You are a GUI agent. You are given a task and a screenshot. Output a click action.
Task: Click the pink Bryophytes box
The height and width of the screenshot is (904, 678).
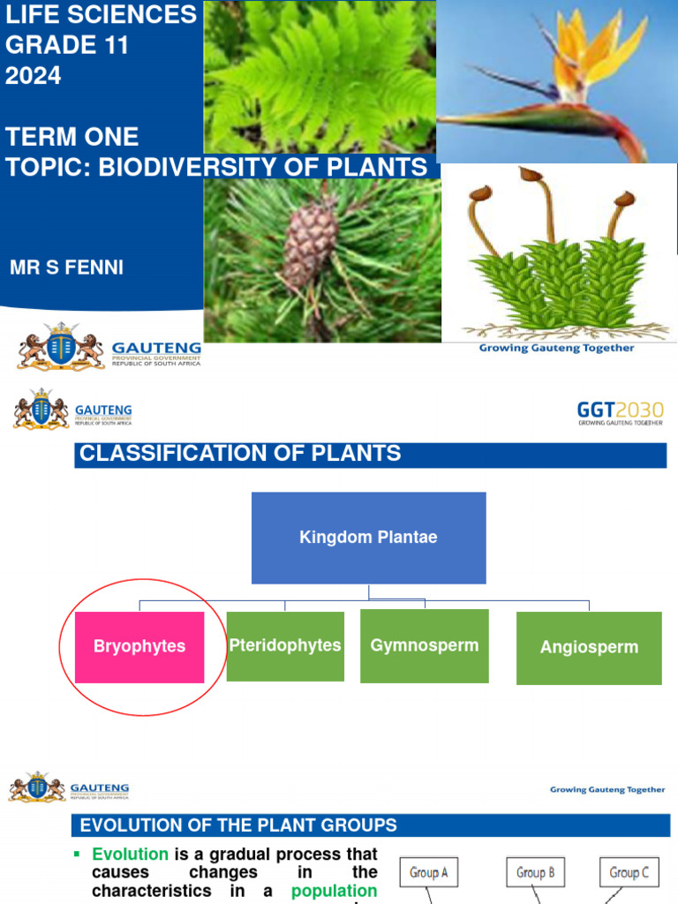tap(139, 647)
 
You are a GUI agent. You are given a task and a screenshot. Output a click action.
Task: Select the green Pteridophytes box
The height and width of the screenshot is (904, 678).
tap(285, 646)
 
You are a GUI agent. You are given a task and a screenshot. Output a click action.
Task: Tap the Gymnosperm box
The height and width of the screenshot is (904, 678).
tap(425, 645)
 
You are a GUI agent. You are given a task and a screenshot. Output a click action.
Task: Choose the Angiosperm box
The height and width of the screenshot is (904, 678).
tap(589, 648)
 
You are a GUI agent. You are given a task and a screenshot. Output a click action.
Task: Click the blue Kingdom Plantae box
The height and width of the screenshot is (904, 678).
tap(368, 538)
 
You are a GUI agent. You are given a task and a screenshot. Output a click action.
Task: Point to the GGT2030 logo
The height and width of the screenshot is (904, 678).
tap(620, 412)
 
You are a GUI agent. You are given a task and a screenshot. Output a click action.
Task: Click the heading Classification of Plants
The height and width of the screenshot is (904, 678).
tap(241, 455)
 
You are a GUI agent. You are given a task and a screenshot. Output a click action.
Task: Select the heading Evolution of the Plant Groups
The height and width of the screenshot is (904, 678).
tap(238, 826)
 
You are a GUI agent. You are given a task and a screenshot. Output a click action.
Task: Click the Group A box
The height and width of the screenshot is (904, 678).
tap(429, 872)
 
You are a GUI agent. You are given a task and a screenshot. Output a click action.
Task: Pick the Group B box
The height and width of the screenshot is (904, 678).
tap(536, 872)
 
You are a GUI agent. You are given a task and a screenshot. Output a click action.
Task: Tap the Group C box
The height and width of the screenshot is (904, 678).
tap(629, 872)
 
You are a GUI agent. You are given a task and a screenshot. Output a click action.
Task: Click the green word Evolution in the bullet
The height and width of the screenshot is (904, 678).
tap(131, 855)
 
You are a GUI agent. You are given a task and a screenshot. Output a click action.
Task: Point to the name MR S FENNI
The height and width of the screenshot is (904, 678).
tap(66, 267)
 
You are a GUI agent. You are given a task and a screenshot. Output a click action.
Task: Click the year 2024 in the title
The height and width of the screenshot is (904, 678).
tap(34, 76)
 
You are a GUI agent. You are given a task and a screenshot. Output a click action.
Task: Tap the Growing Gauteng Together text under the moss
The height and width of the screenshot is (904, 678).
tap(556, 348)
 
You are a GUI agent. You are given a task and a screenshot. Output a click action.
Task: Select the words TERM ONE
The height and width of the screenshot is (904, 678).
tap(72, 137)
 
